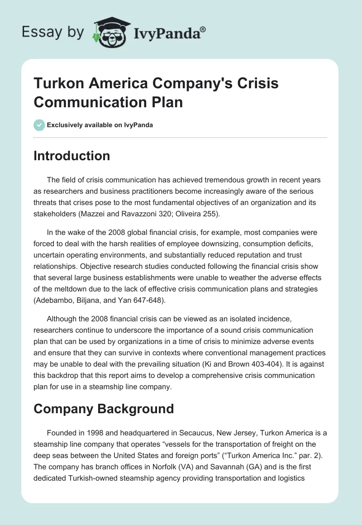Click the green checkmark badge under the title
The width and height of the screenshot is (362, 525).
point(39,125)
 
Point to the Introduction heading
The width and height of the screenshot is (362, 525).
point(72,156)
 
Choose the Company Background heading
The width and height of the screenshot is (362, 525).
point(104,409)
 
